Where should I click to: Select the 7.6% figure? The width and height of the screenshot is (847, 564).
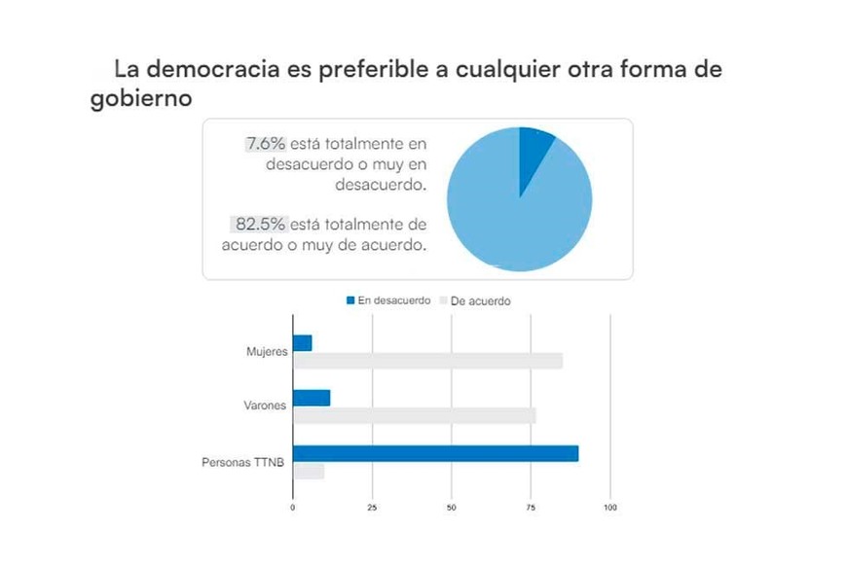point(265,144)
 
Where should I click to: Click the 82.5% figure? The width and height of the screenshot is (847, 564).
point(257,224)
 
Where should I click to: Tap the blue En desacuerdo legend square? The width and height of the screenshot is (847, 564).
point(350,300)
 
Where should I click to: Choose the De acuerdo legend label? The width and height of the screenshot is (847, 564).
point(480,301)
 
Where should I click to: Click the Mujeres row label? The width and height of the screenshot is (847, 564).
point(267,351)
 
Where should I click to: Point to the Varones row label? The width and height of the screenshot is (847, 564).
point(266,405)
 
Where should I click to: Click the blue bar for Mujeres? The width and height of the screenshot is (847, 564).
point(303,343)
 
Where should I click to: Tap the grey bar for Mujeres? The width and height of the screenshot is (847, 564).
point(427,361)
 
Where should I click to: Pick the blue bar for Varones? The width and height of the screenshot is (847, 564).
point(312,398)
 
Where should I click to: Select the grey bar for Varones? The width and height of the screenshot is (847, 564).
point(414,415)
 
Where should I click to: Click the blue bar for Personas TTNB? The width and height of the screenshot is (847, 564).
point(435,453)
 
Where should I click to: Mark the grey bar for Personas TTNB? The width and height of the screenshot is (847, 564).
point(309,472)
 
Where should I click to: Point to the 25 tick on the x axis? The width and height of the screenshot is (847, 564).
point(372,508)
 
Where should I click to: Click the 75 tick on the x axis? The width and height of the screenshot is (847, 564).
point(531,508)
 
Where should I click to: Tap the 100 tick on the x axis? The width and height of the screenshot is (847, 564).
point(610,508)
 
